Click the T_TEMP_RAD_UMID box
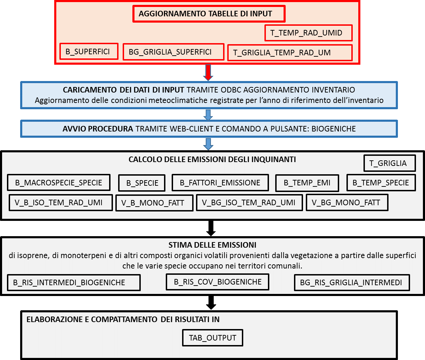[309, 33]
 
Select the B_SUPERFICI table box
[89, 51]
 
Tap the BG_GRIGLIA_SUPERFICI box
[173, 52]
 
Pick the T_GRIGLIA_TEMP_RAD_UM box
[290, 53]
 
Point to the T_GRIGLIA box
[390, 163]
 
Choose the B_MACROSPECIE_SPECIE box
[59, 183]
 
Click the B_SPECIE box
[142, 183]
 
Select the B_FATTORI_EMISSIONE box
[220, 183]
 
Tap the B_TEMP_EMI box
[307, 183]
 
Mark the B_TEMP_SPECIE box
[381, 183]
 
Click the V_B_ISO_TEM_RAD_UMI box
[61, 202]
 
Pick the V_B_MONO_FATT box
[154, 203]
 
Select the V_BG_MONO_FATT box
[347, 202]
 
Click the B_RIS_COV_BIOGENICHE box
[218, 282]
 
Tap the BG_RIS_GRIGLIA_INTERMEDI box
[352, 282]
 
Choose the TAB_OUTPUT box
[213, 338]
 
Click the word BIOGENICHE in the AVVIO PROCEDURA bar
[334, 129]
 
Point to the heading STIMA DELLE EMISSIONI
[212, 245]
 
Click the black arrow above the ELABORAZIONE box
[211, 303]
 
